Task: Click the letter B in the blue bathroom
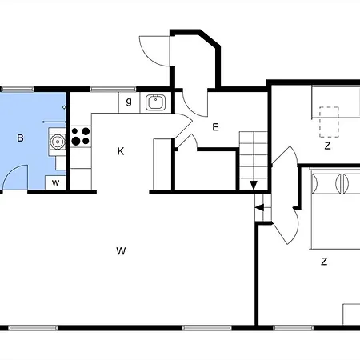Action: (20, 138)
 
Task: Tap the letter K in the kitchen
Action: (121, 151)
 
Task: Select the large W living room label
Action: (121, 251)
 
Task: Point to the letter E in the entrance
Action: (215, 127)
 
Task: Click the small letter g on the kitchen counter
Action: (129, 102)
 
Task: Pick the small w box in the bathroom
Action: (55, 182)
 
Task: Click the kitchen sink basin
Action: (155, 102)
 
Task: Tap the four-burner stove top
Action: (81, 137)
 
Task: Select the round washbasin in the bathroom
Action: (57, 142)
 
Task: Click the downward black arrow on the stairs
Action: (254, 185)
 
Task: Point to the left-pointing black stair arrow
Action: (259, 207)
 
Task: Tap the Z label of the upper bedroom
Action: (327, 146)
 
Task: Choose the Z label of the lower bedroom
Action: (324, 262)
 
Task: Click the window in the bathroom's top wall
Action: (18, 90)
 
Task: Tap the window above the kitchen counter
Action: (113, 90)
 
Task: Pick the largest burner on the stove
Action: (76, 141)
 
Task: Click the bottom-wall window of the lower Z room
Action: (294, 328)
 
